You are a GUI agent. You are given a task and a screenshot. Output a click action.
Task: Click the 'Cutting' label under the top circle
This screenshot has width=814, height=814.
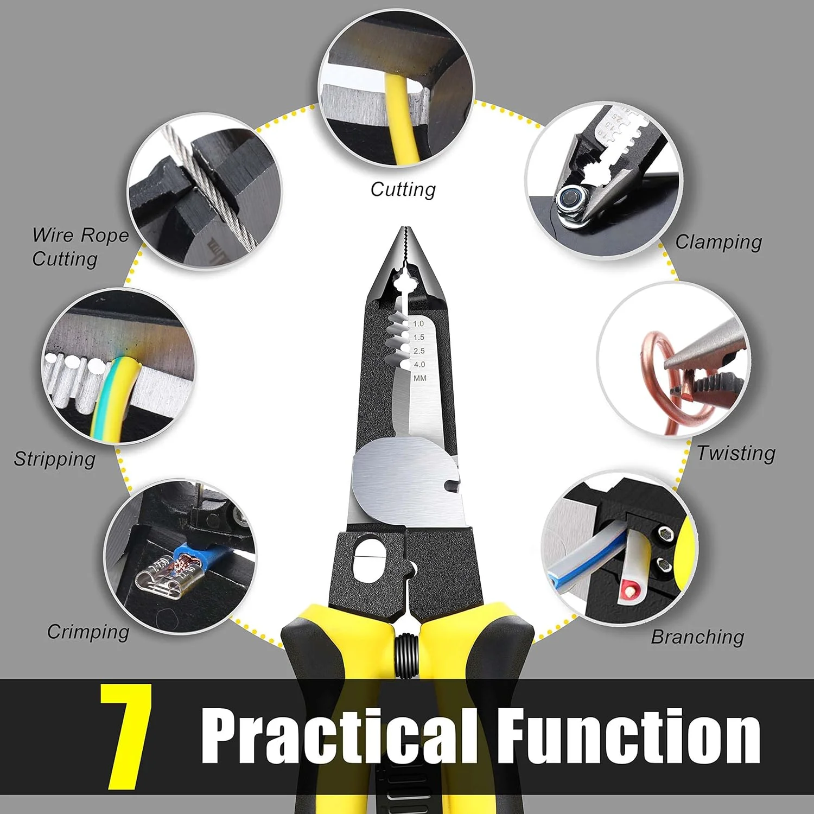403,189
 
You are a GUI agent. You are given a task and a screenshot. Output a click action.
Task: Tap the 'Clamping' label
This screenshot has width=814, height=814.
718,242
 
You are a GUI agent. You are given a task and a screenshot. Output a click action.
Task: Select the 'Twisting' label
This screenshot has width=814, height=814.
736,453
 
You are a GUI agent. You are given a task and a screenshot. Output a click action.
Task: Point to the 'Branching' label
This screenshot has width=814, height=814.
697,637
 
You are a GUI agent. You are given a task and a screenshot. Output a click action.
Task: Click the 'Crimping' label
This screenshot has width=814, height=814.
88,632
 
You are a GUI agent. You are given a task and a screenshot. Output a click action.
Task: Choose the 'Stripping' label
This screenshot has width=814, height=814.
54,459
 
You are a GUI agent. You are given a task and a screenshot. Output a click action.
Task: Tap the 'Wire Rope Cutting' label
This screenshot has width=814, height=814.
80,247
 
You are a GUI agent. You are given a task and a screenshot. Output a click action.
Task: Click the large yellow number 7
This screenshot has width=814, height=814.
126,736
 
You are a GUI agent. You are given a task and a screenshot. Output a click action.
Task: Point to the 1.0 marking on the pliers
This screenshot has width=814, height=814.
418,323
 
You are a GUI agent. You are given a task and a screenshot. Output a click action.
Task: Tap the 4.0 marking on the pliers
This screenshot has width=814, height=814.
419,365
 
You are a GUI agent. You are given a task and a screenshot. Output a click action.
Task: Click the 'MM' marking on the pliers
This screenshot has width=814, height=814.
420,378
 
